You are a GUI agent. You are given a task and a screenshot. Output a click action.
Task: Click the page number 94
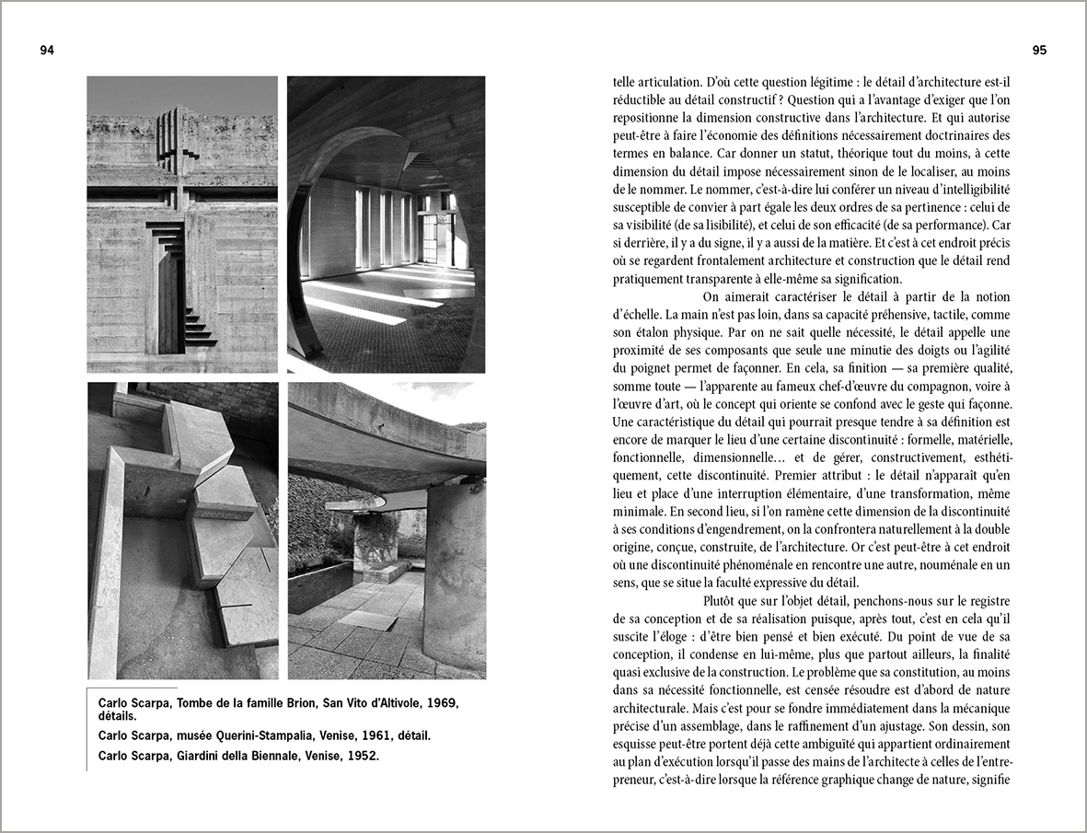click(x=47, y=51)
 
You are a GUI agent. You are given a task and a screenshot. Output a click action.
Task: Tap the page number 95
click(x=1039, y=51)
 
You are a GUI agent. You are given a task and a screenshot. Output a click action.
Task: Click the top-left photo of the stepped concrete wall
click(x=182, y=224)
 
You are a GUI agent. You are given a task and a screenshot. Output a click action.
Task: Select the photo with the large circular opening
click(x=386, y=224)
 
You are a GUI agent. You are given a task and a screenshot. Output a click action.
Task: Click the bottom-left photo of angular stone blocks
click(x=182, y=530)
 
